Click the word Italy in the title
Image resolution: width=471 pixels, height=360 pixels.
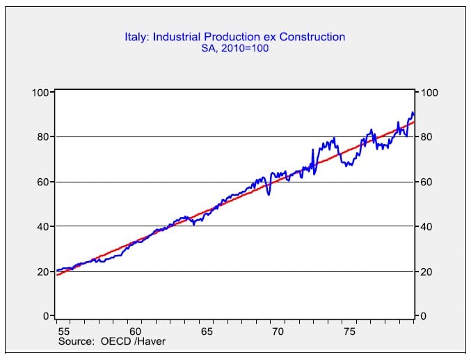click(x=136, y=36)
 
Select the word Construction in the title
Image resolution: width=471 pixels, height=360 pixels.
click(x=312, y=36)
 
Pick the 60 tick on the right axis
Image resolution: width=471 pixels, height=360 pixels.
click(x=426, y=182)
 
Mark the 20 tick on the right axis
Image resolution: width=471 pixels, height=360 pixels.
click(x=426, y=272)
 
